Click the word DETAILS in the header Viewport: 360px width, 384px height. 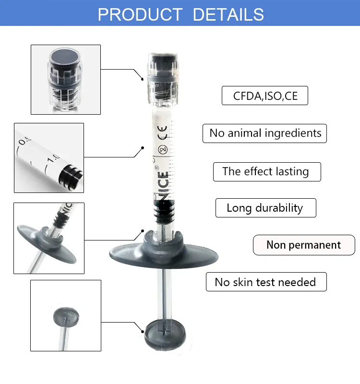click(228, 14)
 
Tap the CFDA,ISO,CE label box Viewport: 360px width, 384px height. click(265, 96)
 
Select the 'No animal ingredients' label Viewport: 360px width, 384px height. click(265, 133)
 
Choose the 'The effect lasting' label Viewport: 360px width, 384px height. click(266, 171)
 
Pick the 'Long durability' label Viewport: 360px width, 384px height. click(265, 208)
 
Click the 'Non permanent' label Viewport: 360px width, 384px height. click(303, 245)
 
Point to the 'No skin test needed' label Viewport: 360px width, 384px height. click(266, 282)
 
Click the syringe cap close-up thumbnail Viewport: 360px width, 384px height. click(66, 80)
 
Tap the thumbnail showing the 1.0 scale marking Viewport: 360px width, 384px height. click(49, 157)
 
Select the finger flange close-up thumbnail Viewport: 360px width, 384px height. click(49, 239)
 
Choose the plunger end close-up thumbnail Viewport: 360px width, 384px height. click(66, 315)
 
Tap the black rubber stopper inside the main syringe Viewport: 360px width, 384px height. click(163, 211)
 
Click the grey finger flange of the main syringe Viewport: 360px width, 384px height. click(163, 250)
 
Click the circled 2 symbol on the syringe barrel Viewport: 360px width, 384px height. click(162, 147)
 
